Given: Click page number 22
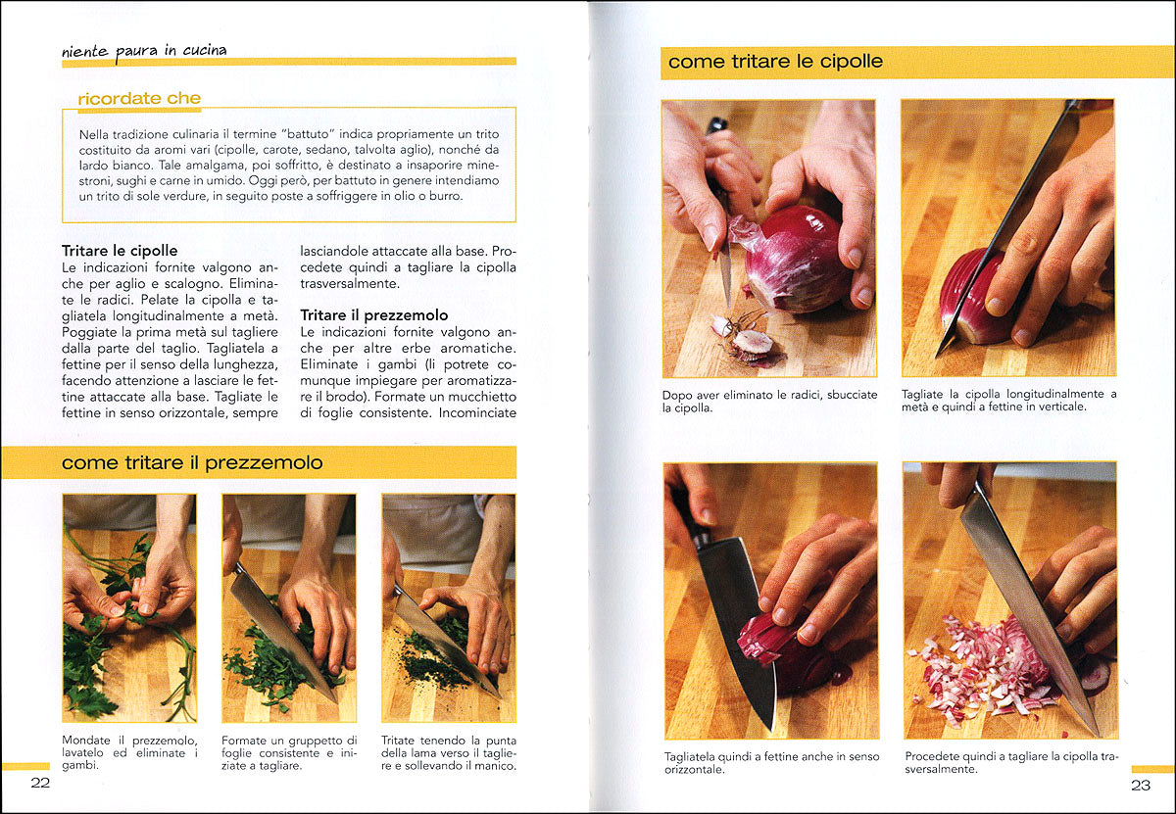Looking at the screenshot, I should click(x=40, y=782).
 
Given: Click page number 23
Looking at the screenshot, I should click(x=1141, y=784).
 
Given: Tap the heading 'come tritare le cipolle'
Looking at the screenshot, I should click(x=775, y=62).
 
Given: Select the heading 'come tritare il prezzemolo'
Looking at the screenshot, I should click(x=192, y=462).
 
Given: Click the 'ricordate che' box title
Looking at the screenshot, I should click(x=139, y=98).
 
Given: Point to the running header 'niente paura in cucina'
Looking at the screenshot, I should click(x=144, y=50).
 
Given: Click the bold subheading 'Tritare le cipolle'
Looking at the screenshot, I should click(x=120, y=251).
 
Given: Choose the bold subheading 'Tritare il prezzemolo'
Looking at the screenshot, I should click(x=374, y=315).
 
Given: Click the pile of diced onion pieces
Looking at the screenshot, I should click(x=975, y=669).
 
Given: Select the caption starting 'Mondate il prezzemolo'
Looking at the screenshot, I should click(x=129, y=752).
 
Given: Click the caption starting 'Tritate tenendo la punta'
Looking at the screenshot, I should click(x=449, y=752).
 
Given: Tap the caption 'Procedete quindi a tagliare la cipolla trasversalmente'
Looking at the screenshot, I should click(x=1010, y=762).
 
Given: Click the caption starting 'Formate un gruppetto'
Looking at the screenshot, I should click(x=289, y=752).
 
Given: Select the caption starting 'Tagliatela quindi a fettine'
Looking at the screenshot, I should click(x=771, y=762).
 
